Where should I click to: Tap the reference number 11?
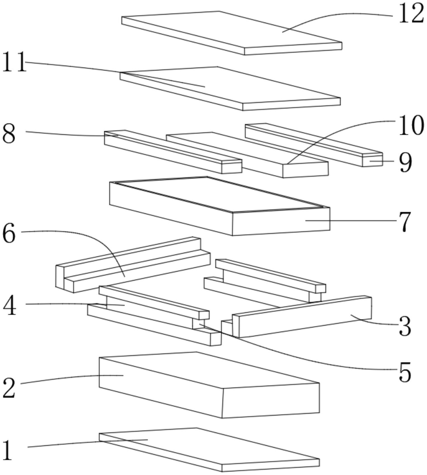tap(14, 63)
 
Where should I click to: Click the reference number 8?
tap(9, 134)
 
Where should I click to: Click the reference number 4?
tap(10, 306)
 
